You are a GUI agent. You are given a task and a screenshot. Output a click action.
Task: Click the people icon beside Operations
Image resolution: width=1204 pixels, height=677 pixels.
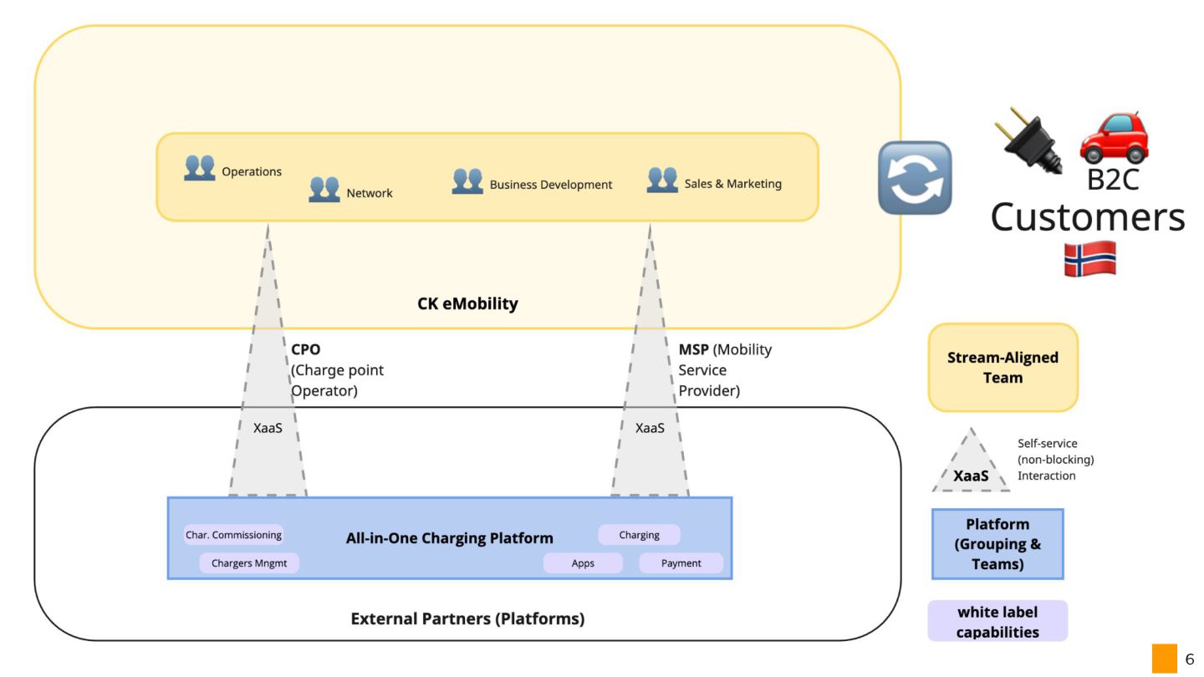[199, 168]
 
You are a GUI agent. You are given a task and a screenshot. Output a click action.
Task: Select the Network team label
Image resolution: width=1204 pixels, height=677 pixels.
[369, 193]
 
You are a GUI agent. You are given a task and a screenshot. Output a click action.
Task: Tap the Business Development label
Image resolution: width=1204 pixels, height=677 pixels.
[550, 185]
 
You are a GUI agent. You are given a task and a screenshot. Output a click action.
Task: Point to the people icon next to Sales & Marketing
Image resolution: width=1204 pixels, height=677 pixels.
[662, 180]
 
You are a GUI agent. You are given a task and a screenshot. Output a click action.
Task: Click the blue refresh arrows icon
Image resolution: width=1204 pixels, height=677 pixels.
[915, 177]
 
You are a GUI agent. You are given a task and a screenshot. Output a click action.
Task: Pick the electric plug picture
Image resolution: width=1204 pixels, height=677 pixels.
[1032, 139]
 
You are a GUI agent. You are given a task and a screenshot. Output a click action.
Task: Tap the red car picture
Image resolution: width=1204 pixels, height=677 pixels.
[1114, 136]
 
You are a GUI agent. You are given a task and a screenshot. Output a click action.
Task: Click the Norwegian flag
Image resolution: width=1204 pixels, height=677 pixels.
[1089, 258]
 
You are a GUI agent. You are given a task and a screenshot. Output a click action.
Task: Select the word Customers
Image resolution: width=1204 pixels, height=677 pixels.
[1087, 216]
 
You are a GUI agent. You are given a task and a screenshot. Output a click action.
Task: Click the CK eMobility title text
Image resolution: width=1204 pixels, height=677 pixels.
[467, 303]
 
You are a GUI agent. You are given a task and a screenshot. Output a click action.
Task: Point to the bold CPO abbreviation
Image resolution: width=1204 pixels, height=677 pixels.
[306, 349]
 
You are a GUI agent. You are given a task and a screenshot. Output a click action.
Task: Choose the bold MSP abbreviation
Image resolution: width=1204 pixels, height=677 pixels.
[693, 349]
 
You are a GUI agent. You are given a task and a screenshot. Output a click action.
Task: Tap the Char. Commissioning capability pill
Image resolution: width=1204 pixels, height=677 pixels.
[233, 535]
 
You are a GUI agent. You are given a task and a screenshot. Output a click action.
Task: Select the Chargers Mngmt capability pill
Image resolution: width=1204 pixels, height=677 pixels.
[248, 563]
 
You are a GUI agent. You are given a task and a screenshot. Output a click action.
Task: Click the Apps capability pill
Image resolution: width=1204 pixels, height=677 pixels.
[583, 563]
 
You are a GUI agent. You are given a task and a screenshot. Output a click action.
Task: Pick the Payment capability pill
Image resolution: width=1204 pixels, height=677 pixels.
[681, 563]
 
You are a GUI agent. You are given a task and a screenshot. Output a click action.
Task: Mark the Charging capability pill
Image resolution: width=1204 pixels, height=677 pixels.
[639, 535]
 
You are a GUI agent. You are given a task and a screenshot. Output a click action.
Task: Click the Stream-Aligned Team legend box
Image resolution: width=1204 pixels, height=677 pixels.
[1002, 368]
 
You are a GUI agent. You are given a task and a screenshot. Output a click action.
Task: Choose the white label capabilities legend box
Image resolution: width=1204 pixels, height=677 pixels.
[997, 621]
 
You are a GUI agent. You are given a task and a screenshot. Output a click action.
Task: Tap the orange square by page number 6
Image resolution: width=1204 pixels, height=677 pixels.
[1164, 659]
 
